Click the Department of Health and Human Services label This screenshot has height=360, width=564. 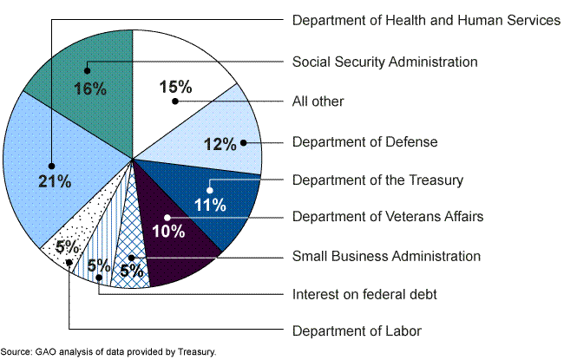(x=426, y=20)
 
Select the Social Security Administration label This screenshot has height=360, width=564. (x=384, y=62)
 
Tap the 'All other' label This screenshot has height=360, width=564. (x=318, y=101)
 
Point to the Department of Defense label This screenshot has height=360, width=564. (x=364, y=141)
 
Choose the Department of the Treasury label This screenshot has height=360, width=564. (x=377, y=180)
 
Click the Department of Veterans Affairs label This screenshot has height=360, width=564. (x=387, y=216)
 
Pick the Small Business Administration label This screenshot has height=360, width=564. (x=386, y=256)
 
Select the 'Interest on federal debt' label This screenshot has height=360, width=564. (x=364, y=295)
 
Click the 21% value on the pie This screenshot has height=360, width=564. (x=54, y=182)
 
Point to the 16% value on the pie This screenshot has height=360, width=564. (x=89, y=88)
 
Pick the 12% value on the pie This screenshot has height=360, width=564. (x=220, y=144)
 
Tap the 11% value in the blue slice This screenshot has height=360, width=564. (x=210, y=205)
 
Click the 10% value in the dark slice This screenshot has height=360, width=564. (x=168, y=231)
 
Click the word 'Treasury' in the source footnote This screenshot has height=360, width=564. (x=195, y=353)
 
